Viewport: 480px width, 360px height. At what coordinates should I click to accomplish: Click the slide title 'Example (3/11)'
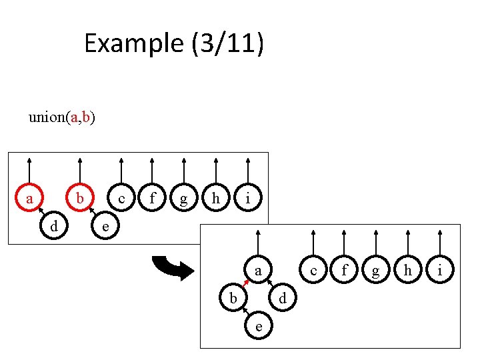[x=174, y=44]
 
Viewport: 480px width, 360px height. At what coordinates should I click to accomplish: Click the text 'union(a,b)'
[x=61, y=118]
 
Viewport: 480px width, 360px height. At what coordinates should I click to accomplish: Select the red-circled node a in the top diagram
[x=29, y=198]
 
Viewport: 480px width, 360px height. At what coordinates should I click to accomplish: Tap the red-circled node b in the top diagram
[x=79, y=198]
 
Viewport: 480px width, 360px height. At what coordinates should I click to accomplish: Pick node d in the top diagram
[x=54, y=227]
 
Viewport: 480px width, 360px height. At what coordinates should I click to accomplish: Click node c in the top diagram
[x=121, y=198]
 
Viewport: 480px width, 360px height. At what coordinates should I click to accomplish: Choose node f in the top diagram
[x=153, y=198]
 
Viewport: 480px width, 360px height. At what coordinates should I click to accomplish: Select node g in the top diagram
[x=184, y=198]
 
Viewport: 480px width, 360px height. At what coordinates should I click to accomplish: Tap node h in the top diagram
[x=215, y=198]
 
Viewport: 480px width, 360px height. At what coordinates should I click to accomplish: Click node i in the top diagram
[x=247, y=198]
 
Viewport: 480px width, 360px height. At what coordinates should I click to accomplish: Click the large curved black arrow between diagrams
[x=172, y=267]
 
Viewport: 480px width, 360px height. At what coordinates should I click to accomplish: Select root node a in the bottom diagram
[x=258, y=271]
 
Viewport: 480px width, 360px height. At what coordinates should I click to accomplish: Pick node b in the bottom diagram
[x=233, y=299]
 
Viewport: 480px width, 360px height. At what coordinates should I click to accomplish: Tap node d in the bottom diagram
[x=283, y=299]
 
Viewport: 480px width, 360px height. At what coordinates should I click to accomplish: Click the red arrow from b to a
[x=245, y=285]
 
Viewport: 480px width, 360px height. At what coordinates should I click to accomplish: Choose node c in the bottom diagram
[x=313, y=271]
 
